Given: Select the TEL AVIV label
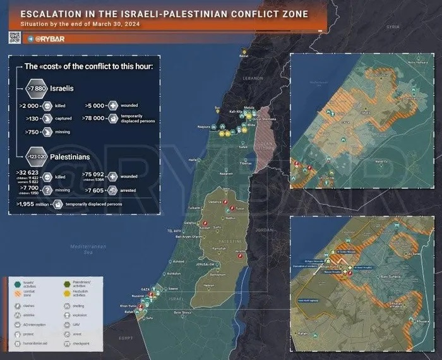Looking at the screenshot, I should tap(174, 231).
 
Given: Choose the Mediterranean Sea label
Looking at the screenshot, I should tap(87, 248).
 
